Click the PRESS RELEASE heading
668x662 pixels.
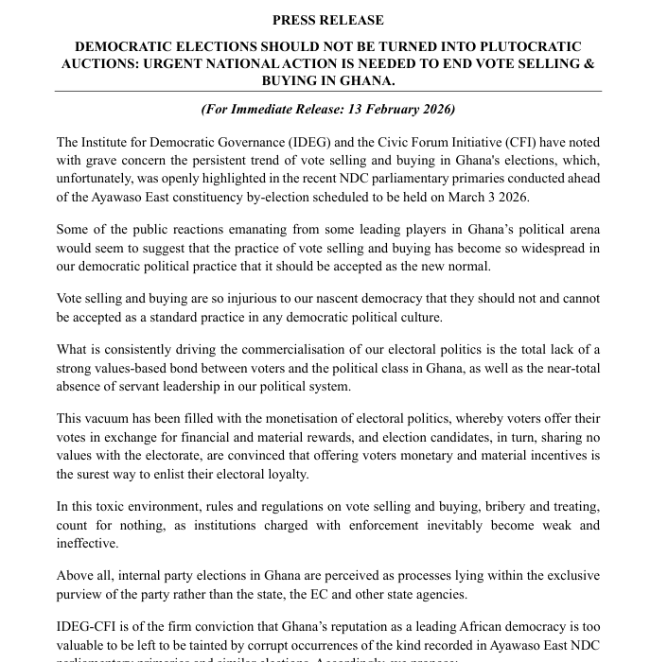pyautogui.click(x=327, y=20)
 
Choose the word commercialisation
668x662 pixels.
pyautogui.click(x=288, y=351)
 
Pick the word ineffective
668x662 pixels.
pyautogui.click(x=87, y=543)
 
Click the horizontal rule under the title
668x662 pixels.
pyautogui.click(x=327, y=91)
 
